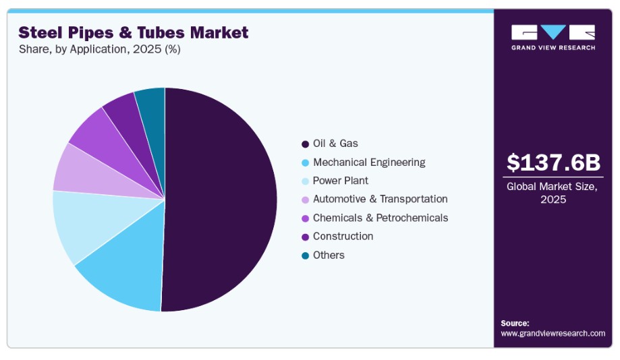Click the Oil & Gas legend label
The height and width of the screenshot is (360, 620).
pyautogui.click(x=335, y=144)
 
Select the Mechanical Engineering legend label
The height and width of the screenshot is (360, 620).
pyautogui.click(x=369, y=162)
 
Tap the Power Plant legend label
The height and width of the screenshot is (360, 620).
pyautogui.click(x=341, y=181)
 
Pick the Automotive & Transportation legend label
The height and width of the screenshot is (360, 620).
pyautogui.click(x=380, y=199)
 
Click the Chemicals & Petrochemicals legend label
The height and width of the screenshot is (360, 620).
pyautogui.click(x=381, y=218)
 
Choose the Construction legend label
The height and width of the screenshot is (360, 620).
pyautogui.click(x=343, y=236)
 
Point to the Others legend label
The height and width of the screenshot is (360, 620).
pyautogui.click(x=329, y=255)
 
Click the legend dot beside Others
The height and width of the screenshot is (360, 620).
pyautogui.click(x=306, y=256)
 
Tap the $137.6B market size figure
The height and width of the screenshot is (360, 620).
pyautogui.click(x=553, y=162)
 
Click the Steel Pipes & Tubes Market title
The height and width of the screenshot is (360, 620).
pyautogui.click(x=134, y=32)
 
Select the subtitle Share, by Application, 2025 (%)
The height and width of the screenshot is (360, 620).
pyautogui.click(x=99, y=49)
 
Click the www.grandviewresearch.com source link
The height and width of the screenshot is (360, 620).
pyautogui.click(x=553, y=333)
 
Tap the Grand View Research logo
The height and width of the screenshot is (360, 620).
pyautogui.click(x=553, y=37)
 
